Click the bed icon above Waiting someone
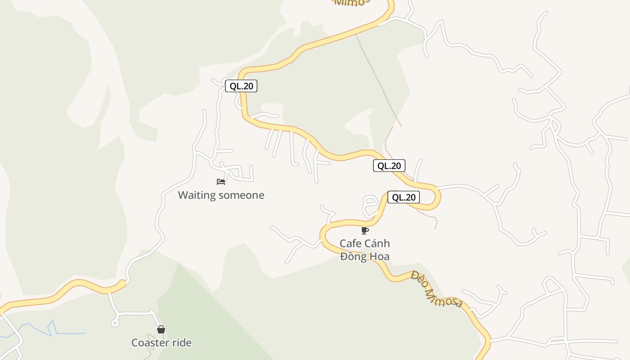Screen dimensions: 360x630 point(221,182)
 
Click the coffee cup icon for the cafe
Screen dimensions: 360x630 point(365,231)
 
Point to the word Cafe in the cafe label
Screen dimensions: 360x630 point(351,244)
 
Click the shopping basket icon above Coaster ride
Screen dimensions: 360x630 point(161,329)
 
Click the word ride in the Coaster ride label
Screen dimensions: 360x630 point(182,343)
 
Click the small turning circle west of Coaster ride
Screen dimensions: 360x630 point(115,323)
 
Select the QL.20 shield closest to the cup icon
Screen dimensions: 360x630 point(403,197)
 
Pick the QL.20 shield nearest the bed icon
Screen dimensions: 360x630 point(241,86)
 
